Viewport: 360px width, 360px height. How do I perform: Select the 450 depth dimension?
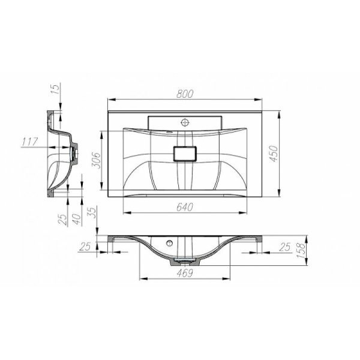290,154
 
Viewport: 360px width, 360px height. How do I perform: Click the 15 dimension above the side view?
55,90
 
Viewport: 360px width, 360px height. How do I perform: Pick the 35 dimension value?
92,211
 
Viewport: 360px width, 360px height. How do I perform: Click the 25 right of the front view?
285,246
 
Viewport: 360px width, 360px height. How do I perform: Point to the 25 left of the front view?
85,246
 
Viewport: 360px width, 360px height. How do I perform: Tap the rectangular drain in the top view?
185,153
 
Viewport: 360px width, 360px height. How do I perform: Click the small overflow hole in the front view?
170,244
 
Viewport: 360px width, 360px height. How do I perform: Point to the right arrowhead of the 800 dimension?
262,100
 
